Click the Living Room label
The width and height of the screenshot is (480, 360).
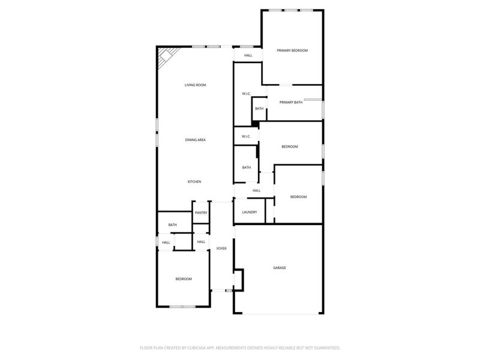click(x=195, y=85)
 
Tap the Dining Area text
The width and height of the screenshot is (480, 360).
click(x=195, y=140)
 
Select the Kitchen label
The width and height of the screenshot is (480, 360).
click(x=194, y=182)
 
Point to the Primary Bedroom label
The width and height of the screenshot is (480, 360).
click(x=292, y=50)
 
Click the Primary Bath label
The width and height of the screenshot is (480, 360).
click(x=290, y=103)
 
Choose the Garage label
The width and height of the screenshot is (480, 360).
click(x=279, y=268)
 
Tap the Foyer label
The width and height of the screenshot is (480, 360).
click(x=221, y=248)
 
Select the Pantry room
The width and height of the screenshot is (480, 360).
click(x=200, y=212)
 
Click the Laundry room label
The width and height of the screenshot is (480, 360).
click(x=250, y=212)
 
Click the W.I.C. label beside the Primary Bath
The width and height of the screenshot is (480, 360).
click(x=246, y=94)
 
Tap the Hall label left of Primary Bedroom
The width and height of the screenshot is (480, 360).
click(x=248, y=56)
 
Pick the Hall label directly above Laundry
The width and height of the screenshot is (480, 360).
click(x=256, y=191)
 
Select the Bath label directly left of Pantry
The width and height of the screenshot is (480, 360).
click(x=172, y=225)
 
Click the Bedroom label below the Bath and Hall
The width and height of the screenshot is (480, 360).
click(x=183, y=279)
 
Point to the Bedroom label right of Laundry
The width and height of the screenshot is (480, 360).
click(x=298, y=197)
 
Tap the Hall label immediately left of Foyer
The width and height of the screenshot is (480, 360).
click(x=201, y=242)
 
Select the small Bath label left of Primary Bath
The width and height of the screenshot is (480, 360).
click(x=259, y=109)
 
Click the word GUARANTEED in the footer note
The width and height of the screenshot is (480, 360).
click(x=323, y=347)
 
